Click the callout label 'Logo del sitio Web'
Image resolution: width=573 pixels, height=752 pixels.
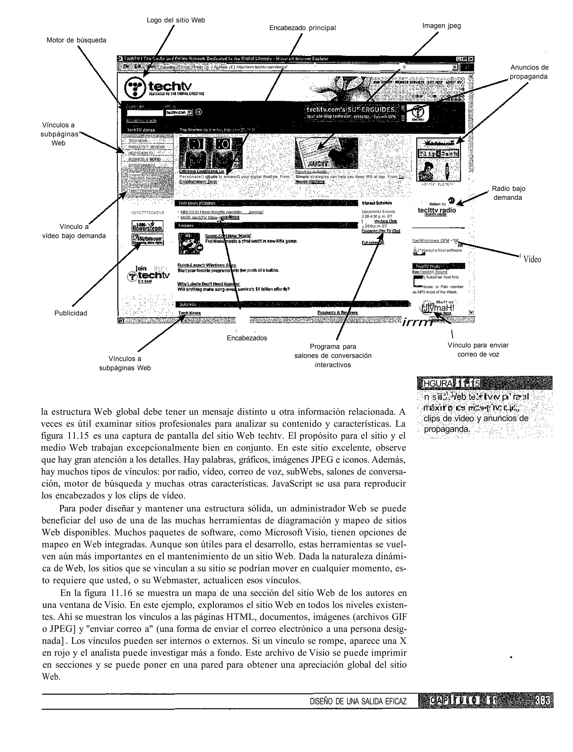tap(176, 20)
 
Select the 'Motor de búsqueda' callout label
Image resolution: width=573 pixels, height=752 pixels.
tap(76, 40)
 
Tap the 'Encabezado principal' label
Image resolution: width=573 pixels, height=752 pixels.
tap(302, 28)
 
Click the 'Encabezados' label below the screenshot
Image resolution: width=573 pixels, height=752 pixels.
tap(247, 338)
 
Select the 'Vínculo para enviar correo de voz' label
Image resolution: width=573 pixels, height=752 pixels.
tap(478, 350)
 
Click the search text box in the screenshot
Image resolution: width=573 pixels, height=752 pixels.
tap(145, 112)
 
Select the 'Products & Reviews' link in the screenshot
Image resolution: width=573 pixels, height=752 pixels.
tap(337, 313)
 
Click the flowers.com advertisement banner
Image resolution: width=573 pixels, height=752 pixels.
tap(148, 226)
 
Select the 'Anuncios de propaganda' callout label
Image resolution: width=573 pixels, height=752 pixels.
tap(529, 72)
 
